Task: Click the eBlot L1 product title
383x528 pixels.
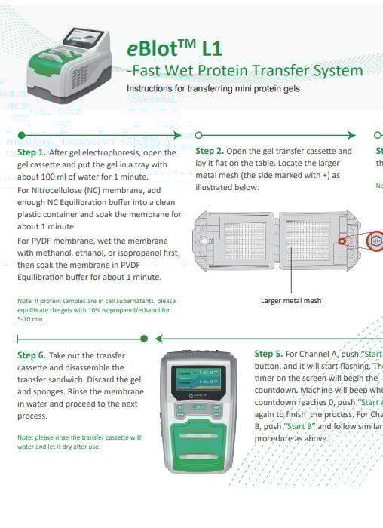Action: (x=174, y=49)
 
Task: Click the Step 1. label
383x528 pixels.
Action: (x=32, y=152)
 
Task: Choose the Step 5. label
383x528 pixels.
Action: (x=269, y=354)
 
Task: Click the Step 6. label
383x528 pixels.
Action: (x=32, y=355)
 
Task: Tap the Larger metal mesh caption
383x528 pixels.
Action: (x=291, y=300)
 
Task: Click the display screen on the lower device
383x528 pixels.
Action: (x=198, y=379)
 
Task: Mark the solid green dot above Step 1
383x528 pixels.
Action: (x=22, y=135)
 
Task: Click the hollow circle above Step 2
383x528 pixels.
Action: (x=198, y=135)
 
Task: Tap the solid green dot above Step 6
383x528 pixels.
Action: (x=143, y=338)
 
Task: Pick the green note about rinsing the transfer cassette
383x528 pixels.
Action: (x=80, y=441)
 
